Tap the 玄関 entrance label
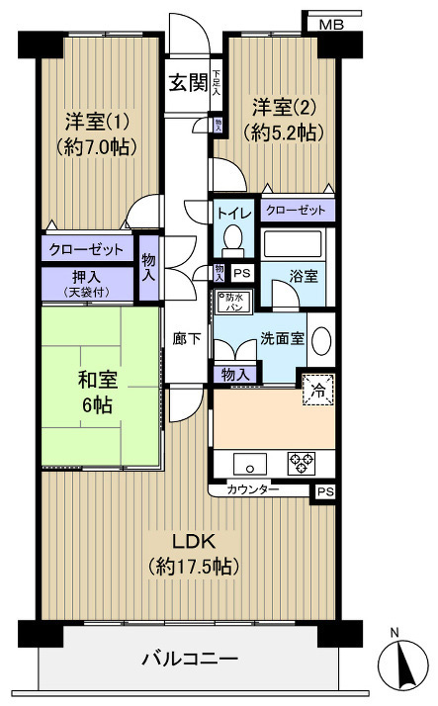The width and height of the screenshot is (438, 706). pyautogui.click(x=187, y=83)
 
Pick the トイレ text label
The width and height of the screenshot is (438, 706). pyautogui.click(x=232, y=212)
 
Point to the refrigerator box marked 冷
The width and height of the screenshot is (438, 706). pyautogui.click(x=319, y=390)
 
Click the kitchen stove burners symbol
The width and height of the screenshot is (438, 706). pyautogui.click(x=303, y=462)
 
